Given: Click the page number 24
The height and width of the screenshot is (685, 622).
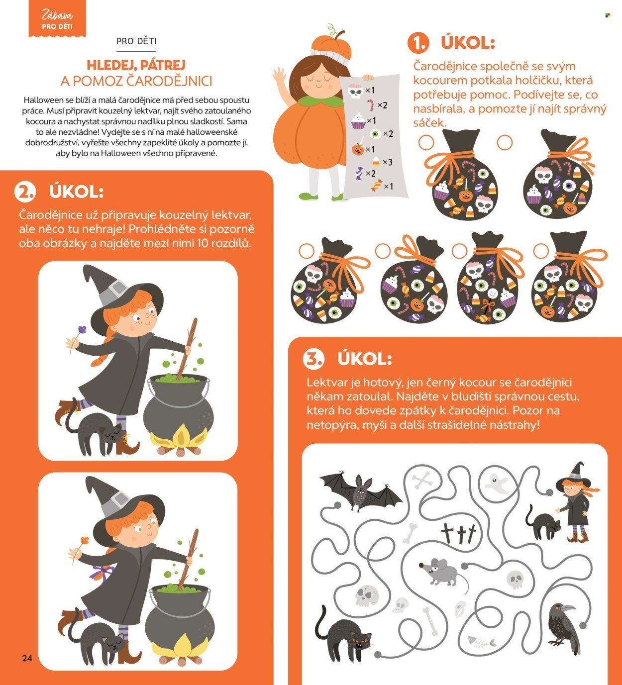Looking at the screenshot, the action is point(27,658).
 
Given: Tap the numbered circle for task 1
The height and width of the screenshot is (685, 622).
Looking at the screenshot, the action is point(418,43).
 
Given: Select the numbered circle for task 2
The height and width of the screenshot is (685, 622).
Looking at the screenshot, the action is point(25,192).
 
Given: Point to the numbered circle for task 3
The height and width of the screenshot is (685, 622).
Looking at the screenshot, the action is point(313,359).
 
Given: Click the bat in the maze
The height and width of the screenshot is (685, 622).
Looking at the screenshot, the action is point(361,490).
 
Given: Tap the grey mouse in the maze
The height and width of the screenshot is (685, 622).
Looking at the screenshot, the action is point(443,575).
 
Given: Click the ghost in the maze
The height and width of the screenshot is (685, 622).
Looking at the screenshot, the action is point(496,483).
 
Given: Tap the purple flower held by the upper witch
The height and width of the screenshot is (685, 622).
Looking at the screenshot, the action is point(82,329).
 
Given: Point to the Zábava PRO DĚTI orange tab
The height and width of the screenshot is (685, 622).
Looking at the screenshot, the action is point(57,18).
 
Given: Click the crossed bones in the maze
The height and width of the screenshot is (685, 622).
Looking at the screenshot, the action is point(422,481).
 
